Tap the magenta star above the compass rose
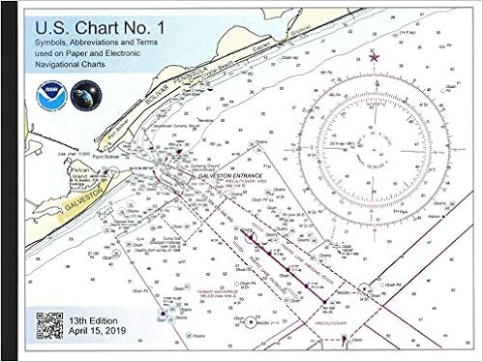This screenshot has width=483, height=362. pyautogui.click(x=374, y=57)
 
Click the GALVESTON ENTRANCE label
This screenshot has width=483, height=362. pyautogui.click(x=222, y=178)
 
